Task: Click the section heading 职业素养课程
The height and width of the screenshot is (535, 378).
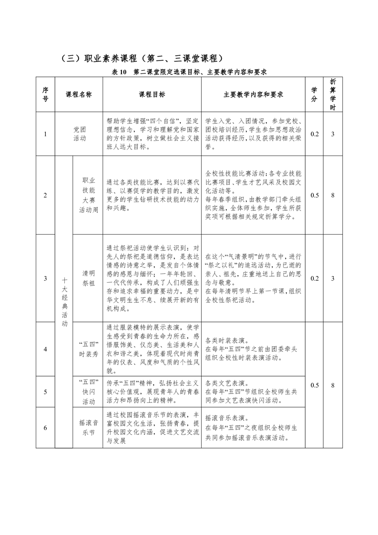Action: point(142,59)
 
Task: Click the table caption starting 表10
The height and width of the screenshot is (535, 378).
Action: point(189,72)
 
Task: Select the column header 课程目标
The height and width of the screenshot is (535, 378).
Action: point(152,94)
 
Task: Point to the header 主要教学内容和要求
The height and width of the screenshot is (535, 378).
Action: point(253,94)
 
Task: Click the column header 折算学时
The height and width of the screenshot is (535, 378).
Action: point(333,94)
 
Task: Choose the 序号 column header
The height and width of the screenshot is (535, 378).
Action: point(45,94)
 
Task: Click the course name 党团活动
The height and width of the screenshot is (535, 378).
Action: point(80,134)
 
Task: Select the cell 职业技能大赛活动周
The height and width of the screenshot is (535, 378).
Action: point(89,195)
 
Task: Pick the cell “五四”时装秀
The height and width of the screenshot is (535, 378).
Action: point(89,349)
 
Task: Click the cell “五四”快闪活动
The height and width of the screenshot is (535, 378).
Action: point(89,391)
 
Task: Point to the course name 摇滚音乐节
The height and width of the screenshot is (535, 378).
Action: point(89,428)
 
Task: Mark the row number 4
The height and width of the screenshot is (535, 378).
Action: point(45,349)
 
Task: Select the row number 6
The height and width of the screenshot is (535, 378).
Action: point(45,428)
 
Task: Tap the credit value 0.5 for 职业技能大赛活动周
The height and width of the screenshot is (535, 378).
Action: point(315,195)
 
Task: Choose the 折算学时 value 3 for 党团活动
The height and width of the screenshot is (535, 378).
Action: point(333,134)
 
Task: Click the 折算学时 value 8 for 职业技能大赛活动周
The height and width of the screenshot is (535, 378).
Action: point(333,195)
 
